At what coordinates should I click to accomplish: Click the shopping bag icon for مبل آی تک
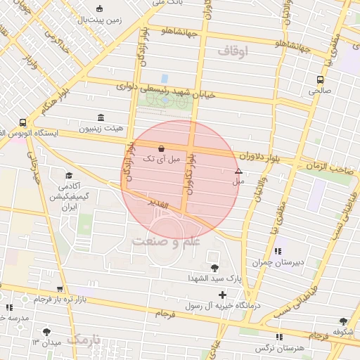pos(162,148)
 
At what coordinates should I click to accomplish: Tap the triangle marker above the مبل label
pos(238,171)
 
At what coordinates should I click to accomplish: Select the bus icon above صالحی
pos(321,79)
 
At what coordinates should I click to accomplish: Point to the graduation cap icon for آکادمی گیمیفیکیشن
pos(69,175)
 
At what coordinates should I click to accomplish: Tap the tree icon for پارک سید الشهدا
pos(214,267)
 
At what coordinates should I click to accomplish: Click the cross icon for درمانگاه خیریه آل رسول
pos(223,295)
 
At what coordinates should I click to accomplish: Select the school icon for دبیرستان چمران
pos(278,251)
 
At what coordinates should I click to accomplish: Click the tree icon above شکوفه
pos(343,321)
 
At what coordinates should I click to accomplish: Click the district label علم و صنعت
pos(165,241)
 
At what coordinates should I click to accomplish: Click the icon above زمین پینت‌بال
pos(100,9)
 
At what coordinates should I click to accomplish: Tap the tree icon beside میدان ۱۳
pos(47,330)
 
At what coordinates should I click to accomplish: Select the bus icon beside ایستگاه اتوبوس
pos(24,122)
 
